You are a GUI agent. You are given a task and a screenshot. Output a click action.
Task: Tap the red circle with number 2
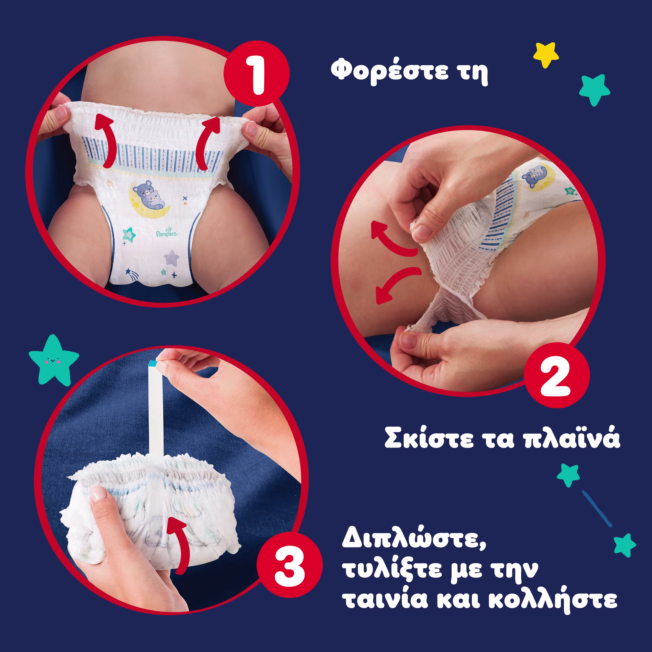click(557, 375)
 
